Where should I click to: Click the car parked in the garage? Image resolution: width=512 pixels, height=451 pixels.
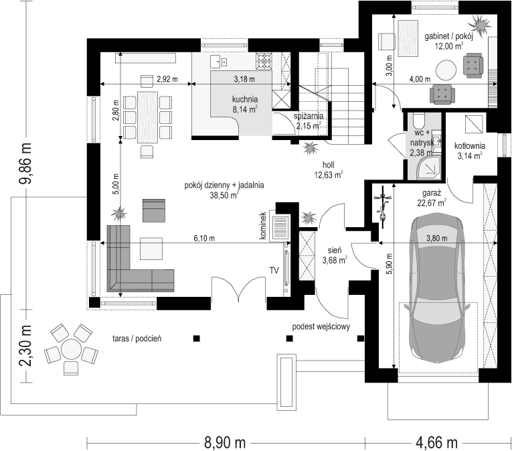coord(438,287)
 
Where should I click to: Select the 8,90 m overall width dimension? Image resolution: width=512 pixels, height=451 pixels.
coord(225,443)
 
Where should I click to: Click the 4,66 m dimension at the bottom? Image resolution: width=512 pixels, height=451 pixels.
coord(436,443)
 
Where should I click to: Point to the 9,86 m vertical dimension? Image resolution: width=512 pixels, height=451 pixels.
coord(25,164)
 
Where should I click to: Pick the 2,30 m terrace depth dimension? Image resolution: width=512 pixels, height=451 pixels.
coord(25,346)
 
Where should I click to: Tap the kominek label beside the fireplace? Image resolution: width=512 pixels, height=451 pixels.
coord(263,225)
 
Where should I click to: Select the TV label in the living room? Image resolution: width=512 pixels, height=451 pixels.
coord(274,270)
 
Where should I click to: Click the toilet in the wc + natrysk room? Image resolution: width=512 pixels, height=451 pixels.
coord(418,121)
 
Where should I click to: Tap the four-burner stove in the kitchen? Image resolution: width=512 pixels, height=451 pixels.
coord(264,62)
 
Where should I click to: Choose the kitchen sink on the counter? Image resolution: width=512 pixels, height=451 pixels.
coord(218,61)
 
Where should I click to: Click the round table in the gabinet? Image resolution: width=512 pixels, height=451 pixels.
coord(446,70)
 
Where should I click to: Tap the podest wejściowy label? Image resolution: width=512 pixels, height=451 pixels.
coord(321,326)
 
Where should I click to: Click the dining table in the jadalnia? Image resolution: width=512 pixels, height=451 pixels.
coord(148,117)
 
